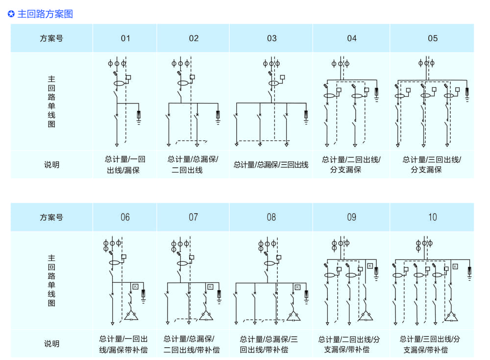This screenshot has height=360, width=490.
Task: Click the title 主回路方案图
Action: tap(45, 14)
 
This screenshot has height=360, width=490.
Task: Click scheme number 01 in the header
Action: tap(125, 38)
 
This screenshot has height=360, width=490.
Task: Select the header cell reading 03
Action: tap(271, 38)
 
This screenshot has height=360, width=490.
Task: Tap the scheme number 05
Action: tap(432, 38)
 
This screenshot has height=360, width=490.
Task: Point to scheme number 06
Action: tap(125, 217)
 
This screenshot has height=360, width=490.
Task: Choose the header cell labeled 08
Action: tap(271, 217)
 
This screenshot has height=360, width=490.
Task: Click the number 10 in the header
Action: tap(432, 217)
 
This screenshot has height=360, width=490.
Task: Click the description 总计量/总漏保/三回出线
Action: tap(271, 165)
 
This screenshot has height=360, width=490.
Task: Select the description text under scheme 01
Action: tap(125, 165)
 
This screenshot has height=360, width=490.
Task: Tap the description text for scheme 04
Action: tap(351, 165)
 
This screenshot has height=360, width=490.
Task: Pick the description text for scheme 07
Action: tap(192, 344)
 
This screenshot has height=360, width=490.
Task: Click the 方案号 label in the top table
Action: tap(51, 38)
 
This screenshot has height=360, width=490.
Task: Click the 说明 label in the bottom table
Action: tap(51, 344)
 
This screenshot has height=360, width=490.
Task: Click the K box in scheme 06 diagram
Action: tap(135, 286)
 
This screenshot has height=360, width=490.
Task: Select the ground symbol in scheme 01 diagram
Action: tap(139, 118)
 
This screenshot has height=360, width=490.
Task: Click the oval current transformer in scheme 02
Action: tap(183, 84)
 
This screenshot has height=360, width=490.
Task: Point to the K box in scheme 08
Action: tap(297, 287)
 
